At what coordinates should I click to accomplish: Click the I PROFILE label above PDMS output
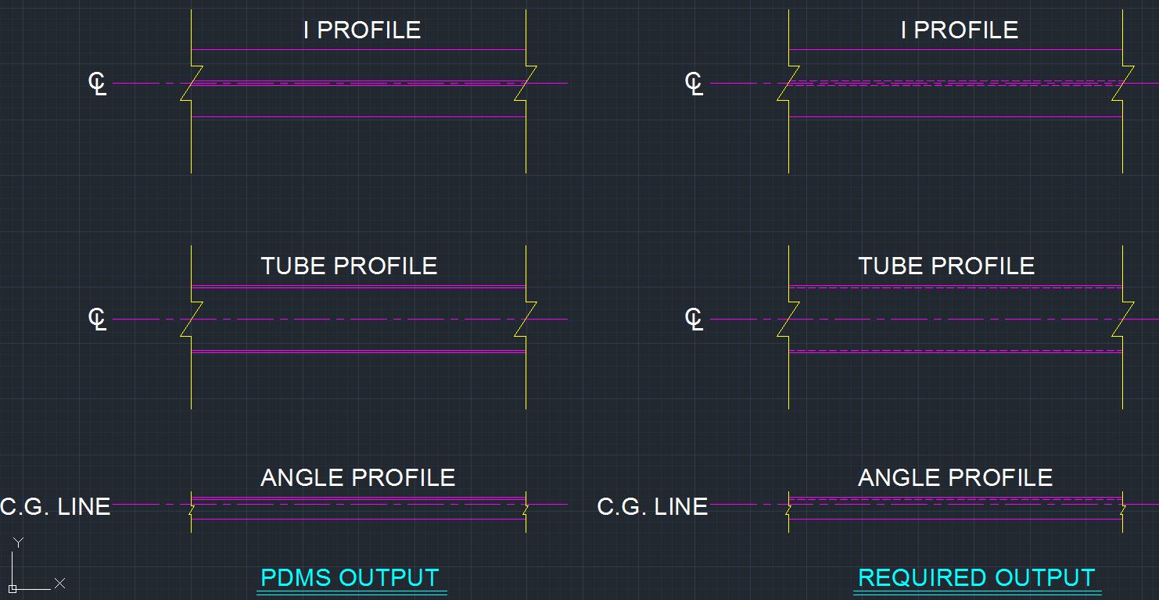pos(362,30)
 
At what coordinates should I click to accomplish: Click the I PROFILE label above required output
pos(960,30)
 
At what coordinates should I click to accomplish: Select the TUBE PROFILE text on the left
pos(350,266)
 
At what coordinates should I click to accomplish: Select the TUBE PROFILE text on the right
pos(946,266)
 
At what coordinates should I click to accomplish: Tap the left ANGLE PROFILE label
pos(358,477)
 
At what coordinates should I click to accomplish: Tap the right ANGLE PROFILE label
pos(955,477)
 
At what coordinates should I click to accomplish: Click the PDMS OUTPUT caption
pos(350,578)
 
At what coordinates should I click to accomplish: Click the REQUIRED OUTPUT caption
pos(976,578)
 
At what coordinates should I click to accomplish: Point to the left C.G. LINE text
pos(56,506)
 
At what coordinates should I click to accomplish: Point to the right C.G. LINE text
pos(652,506)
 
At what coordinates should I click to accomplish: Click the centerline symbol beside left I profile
pos(97,84)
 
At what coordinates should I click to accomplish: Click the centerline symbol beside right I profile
pos(694,84)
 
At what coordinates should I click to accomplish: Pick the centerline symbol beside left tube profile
pos(97,320)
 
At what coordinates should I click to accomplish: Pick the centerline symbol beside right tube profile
pos(694,320)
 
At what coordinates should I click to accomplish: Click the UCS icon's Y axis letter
pos(19,542)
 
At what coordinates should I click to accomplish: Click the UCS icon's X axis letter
pos(60,584)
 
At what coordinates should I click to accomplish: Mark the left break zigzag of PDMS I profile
pos(192,84)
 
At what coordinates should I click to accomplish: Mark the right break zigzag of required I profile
pos(1123,84)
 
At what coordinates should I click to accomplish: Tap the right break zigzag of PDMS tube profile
pos(526,320)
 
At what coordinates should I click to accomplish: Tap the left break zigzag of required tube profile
pos(788,320)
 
